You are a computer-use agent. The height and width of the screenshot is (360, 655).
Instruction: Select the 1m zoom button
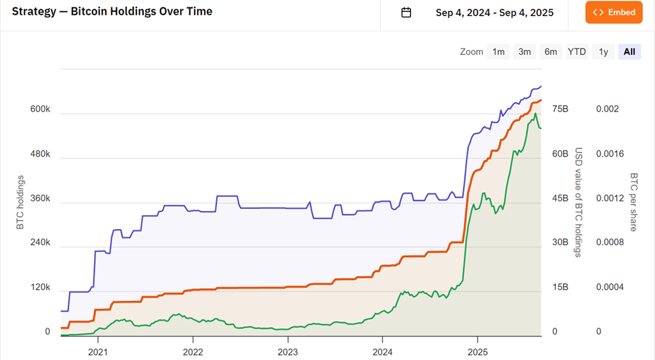pyautogui.click(x=498, y=52)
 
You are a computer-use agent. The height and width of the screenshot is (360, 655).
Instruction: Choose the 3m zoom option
pyautogui.click(x=525, y=52)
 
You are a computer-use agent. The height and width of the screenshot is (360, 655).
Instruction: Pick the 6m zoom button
pyautogui.click(x=551, y=52)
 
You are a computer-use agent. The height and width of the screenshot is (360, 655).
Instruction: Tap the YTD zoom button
pyautogui.click(x=576, y=52)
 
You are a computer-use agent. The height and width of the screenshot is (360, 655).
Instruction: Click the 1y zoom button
pyautogui.click(x=603, y=52)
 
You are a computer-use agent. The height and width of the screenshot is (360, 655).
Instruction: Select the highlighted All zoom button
pyautogui.click(x=629, y=52)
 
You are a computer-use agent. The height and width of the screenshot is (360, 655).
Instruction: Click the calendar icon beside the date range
pyautogui.click(x=406, y=13)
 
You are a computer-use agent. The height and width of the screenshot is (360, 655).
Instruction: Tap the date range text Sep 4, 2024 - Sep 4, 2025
pyautogui.click(x=495, y=13)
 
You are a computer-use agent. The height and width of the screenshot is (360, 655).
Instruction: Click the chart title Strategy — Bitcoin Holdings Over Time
pyautogui.click(x=112, y=11)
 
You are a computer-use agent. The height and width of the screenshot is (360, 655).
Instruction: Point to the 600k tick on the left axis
pyautogui.click(x=40, y=109)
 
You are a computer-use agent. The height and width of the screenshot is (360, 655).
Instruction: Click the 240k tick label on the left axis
pyautogui.click(x=40, y=242)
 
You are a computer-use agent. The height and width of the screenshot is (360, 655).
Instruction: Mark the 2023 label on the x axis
pyautogui.click(x=288, y=351)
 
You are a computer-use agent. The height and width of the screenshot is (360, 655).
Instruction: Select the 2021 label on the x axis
pyautogui.click(x=98, y=351)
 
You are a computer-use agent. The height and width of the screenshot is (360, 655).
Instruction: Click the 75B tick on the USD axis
pyautogui.click(x=560, y=109)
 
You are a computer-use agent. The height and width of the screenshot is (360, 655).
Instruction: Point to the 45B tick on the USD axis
pyautogui.click(x=560, y=198)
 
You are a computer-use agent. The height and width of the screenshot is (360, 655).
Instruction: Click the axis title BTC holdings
pyautogui.click(x=20, y=202)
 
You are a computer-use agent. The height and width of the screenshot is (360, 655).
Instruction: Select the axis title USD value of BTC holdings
pyautogui.click(x=578, y=202)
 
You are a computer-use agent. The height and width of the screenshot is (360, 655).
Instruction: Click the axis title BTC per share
pyautogui.click(x=634, y=202)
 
